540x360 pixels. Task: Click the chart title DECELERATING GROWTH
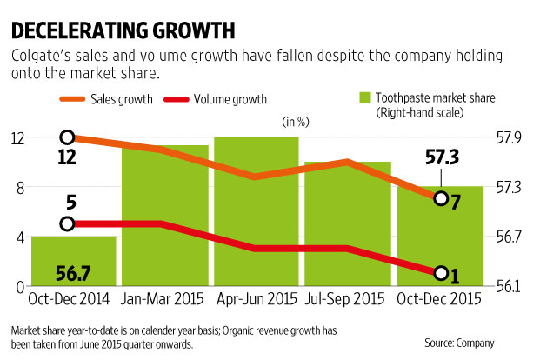point(122,31)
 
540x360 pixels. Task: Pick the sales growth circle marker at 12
point(68,137)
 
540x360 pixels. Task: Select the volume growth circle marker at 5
point(68,224)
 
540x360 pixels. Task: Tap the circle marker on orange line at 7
point(441,199)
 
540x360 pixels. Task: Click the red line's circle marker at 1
point(441,274)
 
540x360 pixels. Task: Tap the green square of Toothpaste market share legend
point(364,99)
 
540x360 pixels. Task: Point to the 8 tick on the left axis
point(17,187)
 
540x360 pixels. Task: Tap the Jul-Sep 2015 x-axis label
point(344,301)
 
